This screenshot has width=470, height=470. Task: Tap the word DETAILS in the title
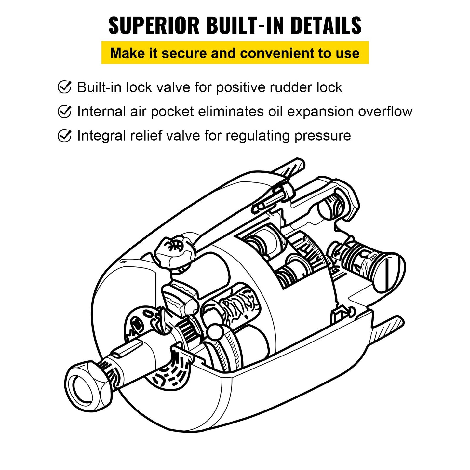326,25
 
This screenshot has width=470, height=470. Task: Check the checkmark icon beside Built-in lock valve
64,87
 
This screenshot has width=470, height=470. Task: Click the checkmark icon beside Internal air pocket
64,111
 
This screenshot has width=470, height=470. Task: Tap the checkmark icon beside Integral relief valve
64,136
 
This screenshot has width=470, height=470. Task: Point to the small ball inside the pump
215,332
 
